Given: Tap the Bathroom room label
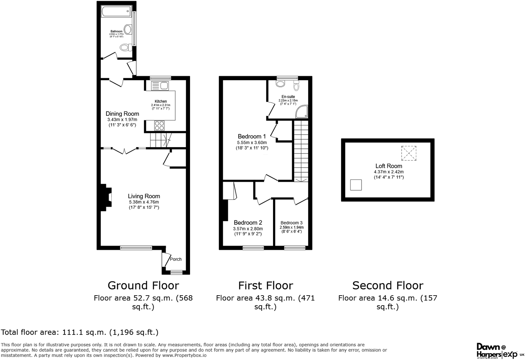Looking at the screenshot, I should pos(116,31).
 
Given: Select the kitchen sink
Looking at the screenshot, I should pos(159,86).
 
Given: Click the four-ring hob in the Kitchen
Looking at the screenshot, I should pos(159,125).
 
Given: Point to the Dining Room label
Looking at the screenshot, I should pos(122,114).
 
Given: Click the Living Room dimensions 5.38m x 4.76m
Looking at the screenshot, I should pos(144,202).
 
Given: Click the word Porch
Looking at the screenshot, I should pos(176,259).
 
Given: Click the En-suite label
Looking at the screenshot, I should pos(288,97).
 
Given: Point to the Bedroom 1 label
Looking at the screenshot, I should pos(252,136).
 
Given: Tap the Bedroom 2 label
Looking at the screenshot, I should pos(248,223).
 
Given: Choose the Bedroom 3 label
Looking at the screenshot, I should pos(292,223).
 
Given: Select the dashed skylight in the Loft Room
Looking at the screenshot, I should pos(409,153).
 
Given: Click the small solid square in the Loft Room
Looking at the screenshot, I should pos(356,185).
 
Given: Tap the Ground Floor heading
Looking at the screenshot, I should pos(143,286).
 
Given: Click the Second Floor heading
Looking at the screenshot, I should pos(388,286).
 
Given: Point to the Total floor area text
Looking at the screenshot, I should pos(80,332).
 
